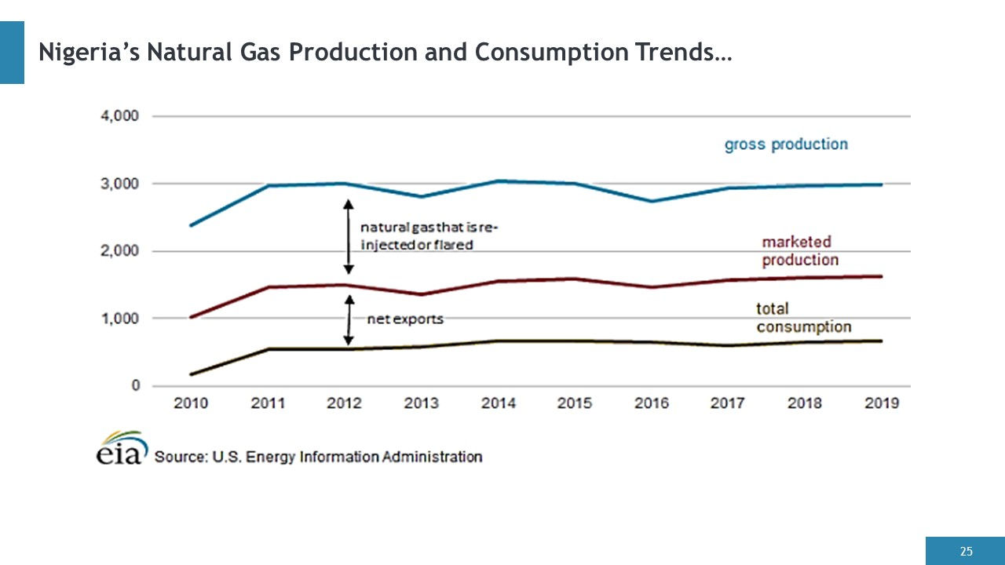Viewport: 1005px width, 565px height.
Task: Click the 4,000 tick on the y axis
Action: point(119,116)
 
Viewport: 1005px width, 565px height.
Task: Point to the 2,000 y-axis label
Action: point(119,251)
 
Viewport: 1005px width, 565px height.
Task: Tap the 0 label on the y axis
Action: point(136,385)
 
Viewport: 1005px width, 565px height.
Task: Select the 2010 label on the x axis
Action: point(191,403)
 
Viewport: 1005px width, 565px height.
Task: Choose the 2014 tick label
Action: point(498,403)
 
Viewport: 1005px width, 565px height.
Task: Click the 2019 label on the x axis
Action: point(882,403)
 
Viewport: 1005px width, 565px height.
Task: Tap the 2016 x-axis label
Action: point(652,403)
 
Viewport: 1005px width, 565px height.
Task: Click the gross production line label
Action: point(786,145)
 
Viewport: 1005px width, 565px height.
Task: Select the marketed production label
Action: point(800,251)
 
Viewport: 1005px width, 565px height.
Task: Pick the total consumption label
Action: point(803,318)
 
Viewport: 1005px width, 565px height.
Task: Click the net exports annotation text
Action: point(405,319)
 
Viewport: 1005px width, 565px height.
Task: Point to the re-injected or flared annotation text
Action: point(429,236)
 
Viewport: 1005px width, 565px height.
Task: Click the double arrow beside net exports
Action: point(349,319)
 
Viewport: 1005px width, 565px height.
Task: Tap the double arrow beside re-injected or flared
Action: point(349,236)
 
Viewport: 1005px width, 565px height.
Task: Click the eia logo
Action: point(122,448)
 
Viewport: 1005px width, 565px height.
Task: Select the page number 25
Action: point(967,551)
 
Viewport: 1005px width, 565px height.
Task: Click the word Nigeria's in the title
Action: point(90,52)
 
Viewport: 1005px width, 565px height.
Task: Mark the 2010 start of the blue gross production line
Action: point(191,225)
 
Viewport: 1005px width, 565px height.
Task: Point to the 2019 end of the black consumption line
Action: point(882,341)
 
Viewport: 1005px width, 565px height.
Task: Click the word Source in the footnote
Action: point(181,457)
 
